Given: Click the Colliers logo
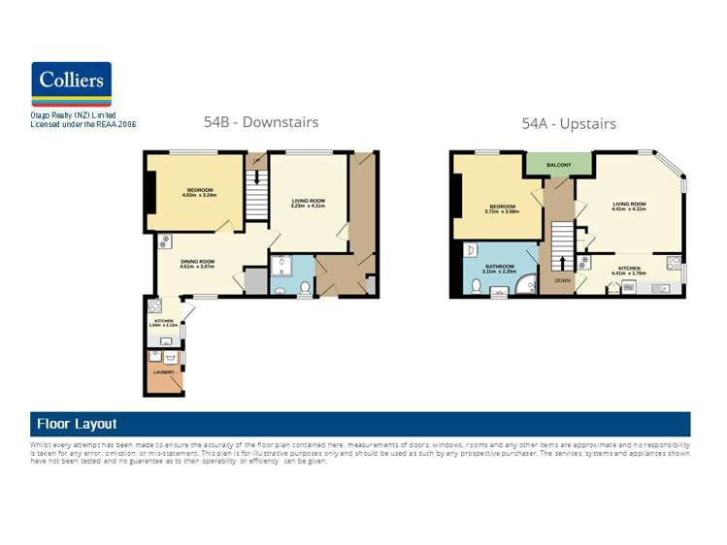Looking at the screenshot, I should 71,84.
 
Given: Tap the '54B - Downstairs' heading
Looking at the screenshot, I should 260,122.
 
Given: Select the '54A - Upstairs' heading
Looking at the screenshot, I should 568,124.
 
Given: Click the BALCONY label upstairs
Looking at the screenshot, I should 558,165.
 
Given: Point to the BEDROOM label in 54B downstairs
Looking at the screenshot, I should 200,189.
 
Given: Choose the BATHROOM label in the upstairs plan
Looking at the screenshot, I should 500,266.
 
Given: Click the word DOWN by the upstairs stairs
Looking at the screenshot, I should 563,280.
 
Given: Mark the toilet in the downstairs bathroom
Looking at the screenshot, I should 305,287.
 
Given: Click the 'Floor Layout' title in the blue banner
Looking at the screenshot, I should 77,424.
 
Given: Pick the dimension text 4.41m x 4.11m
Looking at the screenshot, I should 629,208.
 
